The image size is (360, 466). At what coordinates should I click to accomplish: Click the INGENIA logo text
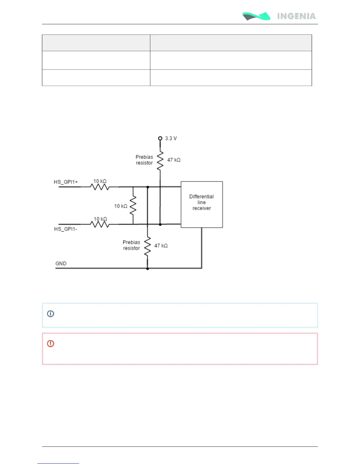(x=296, y=16)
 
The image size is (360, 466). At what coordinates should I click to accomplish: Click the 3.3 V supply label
(x=171, y=138)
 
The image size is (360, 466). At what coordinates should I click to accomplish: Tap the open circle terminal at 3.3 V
(x=160, y=138)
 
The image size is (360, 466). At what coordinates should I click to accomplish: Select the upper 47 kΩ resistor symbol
(x=160, y=161)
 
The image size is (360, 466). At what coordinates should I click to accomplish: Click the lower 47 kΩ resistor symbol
(x=147, y=246)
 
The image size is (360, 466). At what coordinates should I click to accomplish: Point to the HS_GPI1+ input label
(x=66, y=182)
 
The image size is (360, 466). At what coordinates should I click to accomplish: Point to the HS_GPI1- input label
(x=66, y=229)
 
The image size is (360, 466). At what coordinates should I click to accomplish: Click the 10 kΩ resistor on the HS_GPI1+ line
(x=100, y=187)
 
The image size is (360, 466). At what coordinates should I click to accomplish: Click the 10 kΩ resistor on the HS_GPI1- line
(x=100, y=224)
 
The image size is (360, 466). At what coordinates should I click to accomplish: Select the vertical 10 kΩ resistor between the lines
(x=133, y=206)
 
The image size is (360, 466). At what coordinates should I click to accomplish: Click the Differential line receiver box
(x=201, y=204)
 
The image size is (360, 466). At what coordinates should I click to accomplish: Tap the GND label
(x=61, y=263)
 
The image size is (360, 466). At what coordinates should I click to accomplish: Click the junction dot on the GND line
(x=147, y=268)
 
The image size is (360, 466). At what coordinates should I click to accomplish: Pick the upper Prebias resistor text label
(x=144, y=160)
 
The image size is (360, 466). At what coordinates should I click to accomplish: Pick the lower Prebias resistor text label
(x=131, y=245)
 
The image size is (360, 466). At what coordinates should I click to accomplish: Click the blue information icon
(x=51, y=314)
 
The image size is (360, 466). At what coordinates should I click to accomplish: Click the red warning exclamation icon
(x=51, y=343)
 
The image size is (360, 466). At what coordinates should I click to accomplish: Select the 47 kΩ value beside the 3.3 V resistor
(x=174, y=160)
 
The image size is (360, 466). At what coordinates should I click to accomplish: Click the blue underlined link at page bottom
(x=58, y=463)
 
